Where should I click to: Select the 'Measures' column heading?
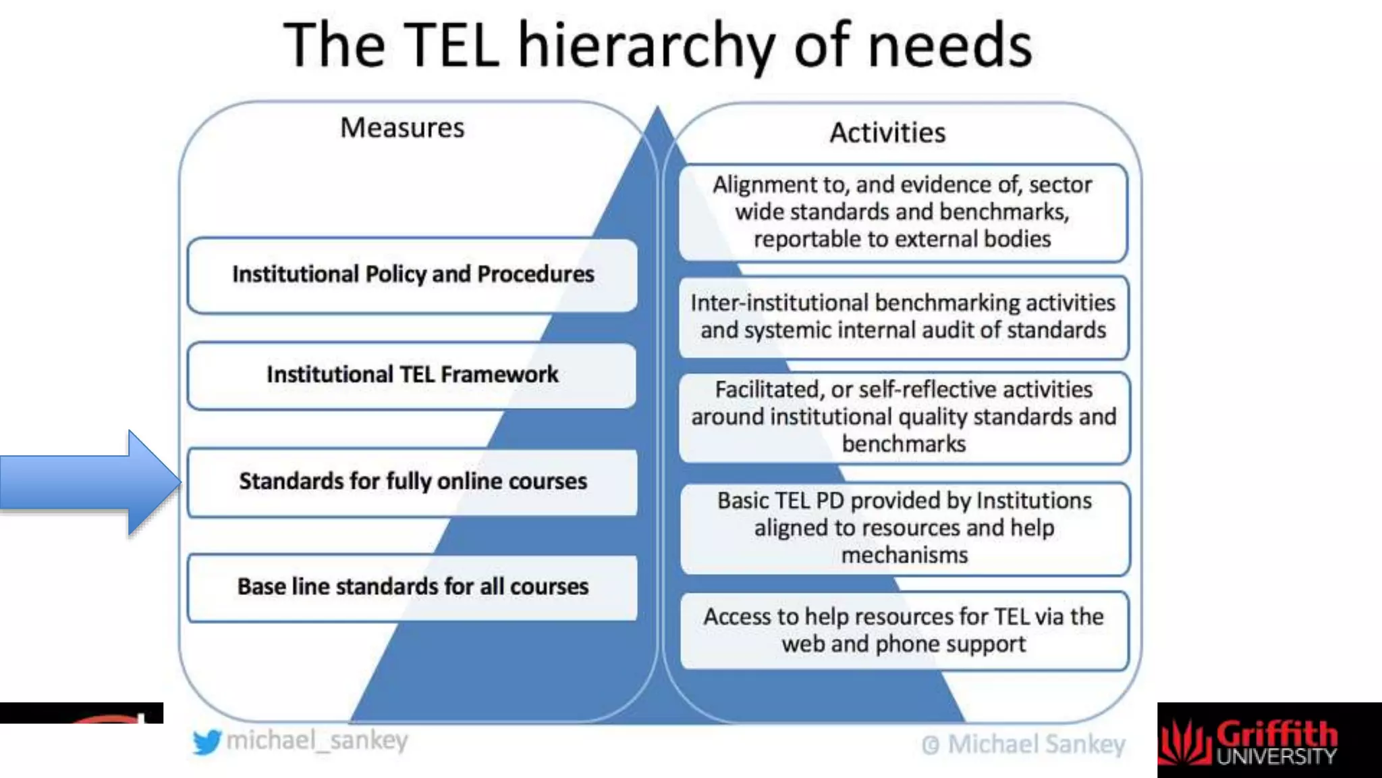pos(402,128)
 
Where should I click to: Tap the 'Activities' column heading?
pos(887,132)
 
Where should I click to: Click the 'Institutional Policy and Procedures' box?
pos(412,274)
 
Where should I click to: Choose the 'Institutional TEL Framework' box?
pos(412,375)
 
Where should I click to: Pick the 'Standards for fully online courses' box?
pos(412,482)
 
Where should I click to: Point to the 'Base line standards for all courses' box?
pos(412,587)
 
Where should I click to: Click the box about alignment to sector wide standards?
pos(902,212)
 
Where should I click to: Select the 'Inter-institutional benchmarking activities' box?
pos(903,317)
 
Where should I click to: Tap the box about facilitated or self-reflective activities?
pos(904,417)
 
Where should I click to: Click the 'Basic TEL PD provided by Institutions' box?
pos(904,528)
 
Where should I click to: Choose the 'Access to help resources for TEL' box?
pos(904,630)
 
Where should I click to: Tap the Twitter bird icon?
pos(206,742)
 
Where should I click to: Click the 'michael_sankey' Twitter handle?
pos(317,741)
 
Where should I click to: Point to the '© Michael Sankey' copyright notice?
pos(1023,744)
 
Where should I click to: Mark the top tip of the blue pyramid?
pos(657,108)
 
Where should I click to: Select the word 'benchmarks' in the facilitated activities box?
pos(904,444)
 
